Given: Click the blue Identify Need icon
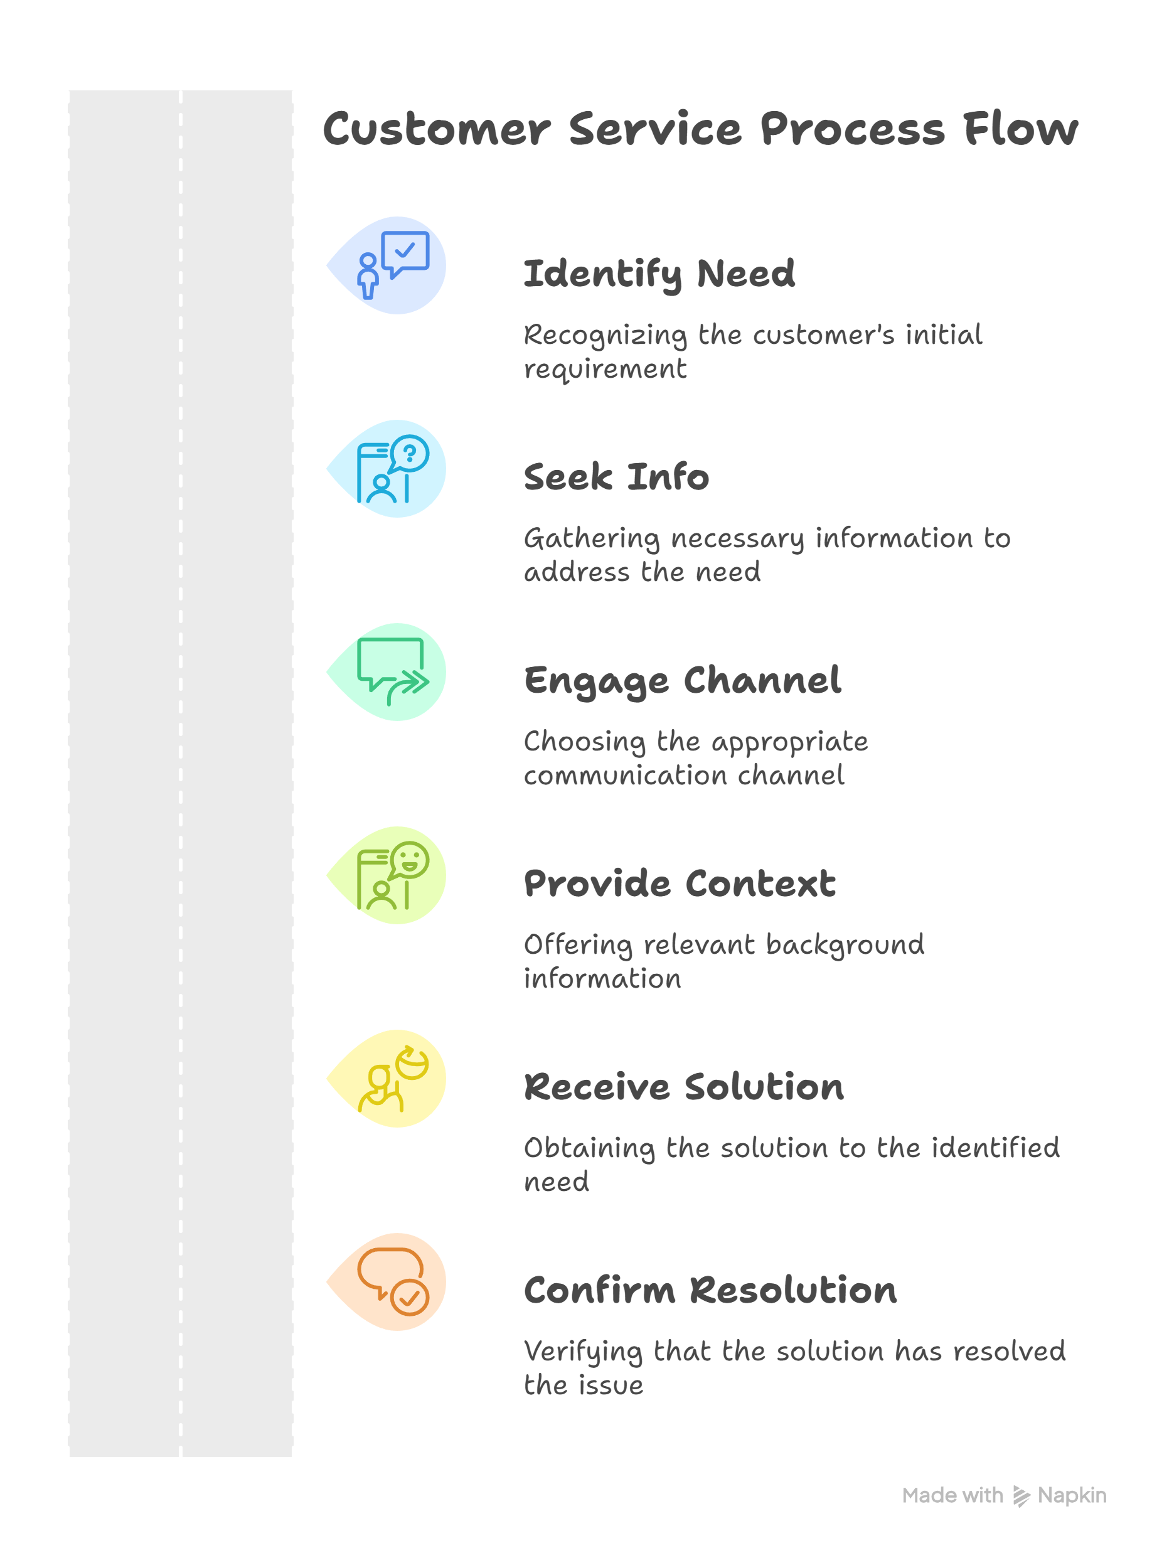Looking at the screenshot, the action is (393, 265).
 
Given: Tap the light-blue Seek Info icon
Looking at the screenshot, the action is (393, 469).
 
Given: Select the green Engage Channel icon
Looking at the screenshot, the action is (393, 671).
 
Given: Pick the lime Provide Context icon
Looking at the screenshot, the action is (393, 875).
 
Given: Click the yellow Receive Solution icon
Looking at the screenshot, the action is (393, 1078).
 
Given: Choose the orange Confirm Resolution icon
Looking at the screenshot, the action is (393, 1281).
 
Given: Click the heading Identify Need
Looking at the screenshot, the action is (659, 274).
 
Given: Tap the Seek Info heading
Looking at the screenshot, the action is (616, 477).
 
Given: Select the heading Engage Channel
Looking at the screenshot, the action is (683, 681).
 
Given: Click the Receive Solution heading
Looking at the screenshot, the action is (684, 1087).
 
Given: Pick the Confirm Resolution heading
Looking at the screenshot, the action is (710, 1290).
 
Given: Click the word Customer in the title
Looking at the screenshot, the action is (437, 130).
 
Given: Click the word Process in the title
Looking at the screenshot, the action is (852, 130).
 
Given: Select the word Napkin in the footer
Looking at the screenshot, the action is (1072, 1496).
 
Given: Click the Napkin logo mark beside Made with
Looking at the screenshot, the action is (1021, 1497).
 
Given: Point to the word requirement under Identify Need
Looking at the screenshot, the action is (605, 370).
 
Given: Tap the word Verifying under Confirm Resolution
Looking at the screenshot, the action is (583, 1352).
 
